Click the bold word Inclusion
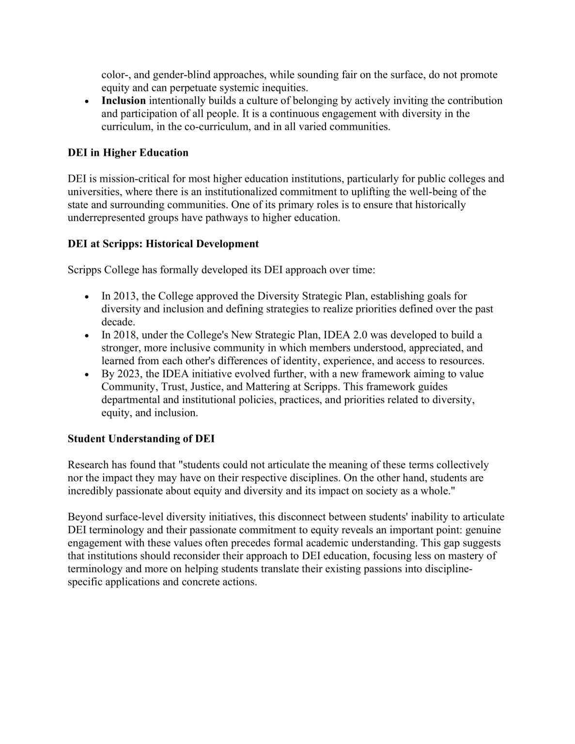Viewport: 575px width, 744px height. click(x=124, y=101)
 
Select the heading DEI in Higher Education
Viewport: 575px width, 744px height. click(x=128, y=153)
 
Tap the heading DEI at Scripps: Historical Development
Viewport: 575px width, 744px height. click(x=163, y=244)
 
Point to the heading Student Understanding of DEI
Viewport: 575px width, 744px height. click(x=141, y=439)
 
